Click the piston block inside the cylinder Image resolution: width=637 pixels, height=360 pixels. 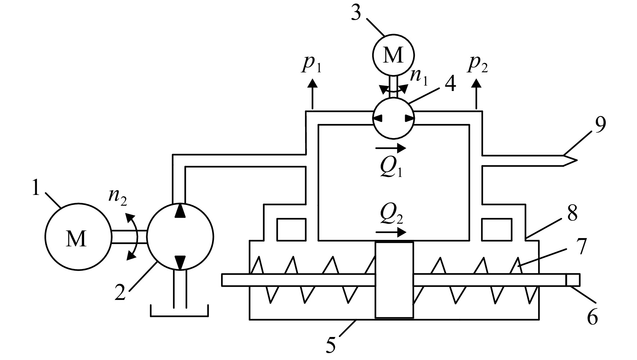(x=394, y=280)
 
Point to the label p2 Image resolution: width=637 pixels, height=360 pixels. (x=478, y=65)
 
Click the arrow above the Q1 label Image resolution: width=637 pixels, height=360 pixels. (x=391, y=147)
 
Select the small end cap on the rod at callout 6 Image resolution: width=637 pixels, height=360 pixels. (x=572, y=280)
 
